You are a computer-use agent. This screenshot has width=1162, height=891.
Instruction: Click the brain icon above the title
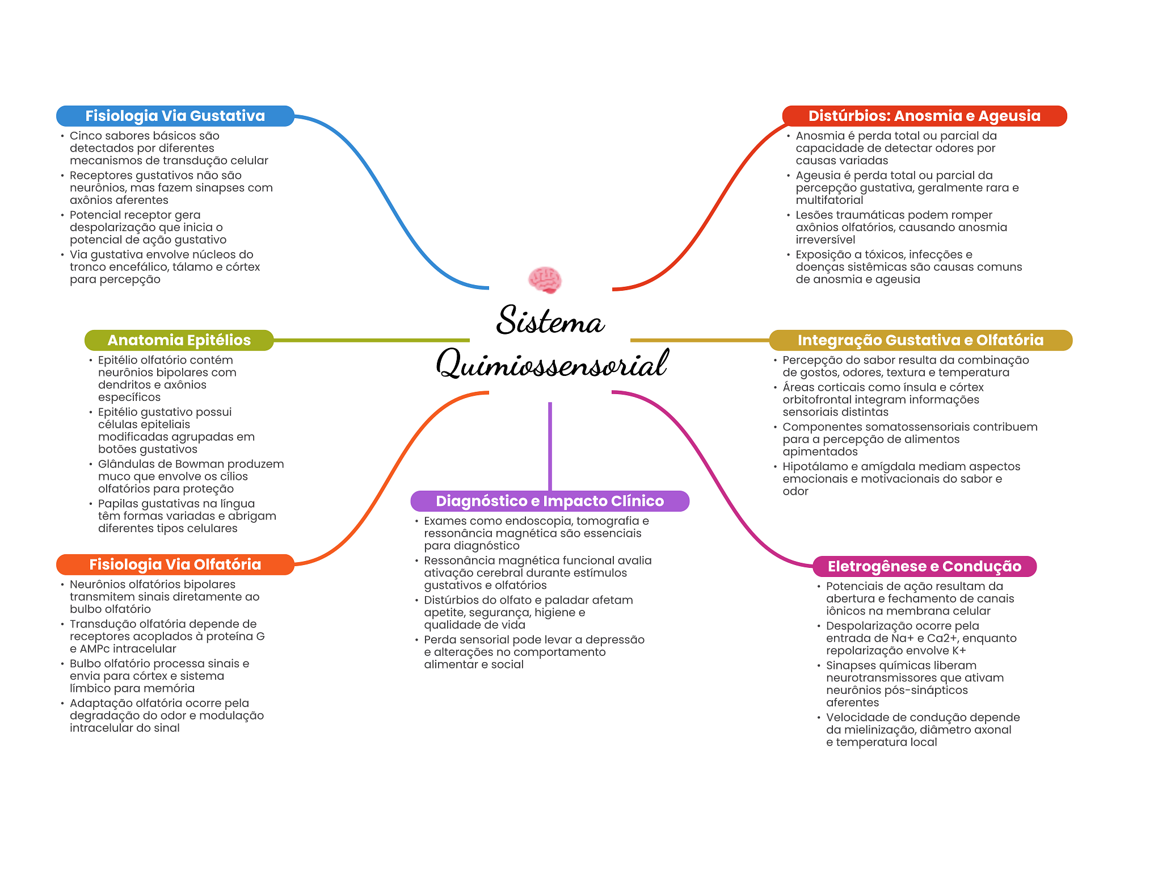tap(545, 280)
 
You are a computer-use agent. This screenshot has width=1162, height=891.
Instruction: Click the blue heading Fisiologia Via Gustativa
tap(175, 116)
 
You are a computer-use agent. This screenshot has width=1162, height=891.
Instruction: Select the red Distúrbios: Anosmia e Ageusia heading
tap(924, 116)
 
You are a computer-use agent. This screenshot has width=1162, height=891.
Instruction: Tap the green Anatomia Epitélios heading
tap(179, 340)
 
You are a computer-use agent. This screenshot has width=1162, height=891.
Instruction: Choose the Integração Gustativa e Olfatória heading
tap(920, 340)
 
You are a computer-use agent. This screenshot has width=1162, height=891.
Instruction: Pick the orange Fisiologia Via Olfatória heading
tap(175, 564)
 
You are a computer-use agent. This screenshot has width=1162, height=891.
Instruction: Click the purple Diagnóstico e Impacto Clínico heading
tap(549, 501)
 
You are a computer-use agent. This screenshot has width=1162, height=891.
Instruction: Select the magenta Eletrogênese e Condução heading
tap(924, 566)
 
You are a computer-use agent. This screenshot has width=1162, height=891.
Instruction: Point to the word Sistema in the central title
tap(550, 321)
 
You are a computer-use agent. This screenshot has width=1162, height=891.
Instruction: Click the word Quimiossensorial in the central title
tap(552, 364)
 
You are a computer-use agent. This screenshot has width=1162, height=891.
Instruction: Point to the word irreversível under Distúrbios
tap(825, 240)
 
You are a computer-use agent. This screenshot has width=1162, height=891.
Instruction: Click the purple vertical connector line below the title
tap(550, 446)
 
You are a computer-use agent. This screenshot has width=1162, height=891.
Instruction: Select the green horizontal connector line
tap(372, 340)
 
